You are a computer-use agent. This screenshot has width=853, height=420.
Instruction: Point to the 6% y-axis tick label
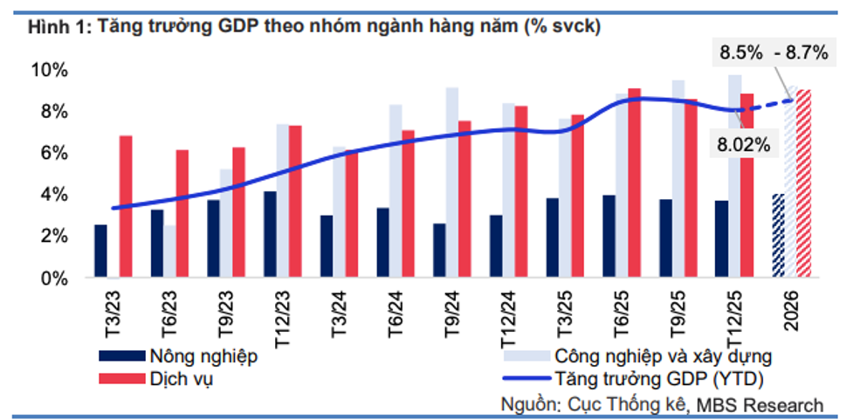(51, 153)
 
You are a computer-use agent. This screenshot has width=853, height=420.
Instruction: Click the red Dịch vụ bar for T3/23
(127, 207)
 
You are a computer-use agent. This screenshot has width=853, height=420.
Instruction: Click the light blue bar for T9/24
(451, 182)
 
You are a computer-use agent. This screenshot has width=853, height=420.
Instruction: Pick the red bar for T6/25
(634, 183)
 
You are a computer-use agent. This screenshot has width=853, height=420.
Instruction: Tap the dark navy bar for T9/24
(439, 251)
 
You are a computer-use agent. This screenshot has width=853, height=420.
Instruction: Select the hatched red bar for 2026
(804, 183)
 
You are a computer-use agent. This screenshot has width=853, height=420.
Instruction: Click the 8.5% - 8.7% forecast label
(772, 53)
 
